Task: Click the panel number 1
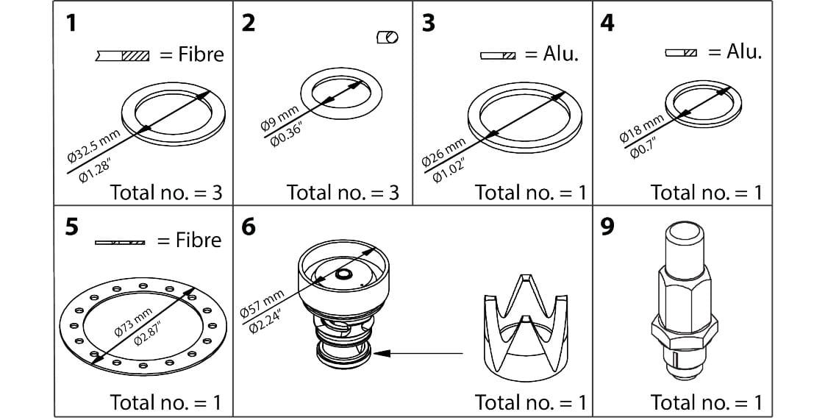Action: click(x=71, y=23)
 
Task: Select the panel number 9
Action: click(x=607, y=227)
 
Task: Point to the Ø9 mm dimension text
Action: click(x=280, y=118)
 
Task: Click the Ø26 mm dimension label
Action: click(x=442, y=152)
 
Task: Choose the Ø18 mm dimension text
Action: click(x=641, y=128)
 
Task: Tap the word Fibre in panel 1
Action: click(x=201, y=54)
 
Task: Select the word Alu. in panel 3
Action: click(x=561, y=55)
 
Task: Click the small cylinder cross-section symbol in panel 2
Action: click(x=387, y=38)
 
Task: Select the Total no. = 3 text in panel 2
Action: click(x=343, y=193)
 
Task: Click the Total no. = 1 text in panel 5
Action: click(x=165, y=402)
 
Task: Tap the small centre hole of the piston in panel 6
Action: click(x=343, y=274)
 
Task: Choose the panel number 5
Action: click(x=71, y=227)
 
